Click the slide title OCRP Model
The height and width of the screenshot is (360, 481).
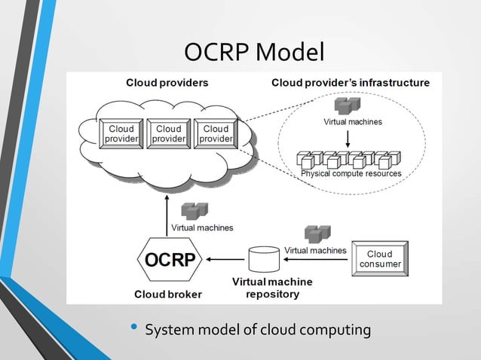click(254, 52)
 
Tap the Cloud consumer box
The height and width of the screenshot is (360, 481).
click(379, 259)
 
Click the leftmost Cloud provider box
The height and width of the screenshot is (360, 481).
click(121, 134)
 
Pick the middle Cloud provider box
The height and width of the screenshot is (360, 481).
click(168, 134)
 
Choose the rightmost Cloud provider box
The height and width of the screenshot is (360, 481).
click(216, 134)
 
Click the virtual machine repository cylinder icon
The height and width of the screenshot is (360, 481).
click(263, 259)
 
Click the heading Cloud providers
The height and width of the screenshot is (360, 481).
click(167, 82)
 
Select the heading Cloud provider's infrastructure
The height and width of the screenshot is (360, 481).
click(351, 82)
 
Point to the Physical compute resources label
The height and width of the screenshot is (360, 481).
click(351, 173)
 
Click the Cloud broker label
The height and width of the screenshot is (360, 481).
click(168, 294)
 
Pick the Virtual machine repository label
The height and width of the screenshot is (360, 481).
click(273, 288)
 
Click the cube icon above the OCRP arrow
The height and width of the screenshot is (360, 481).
click(196, 211)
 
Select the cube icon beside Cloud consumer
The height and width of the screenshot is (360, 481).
click(317, 233)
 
